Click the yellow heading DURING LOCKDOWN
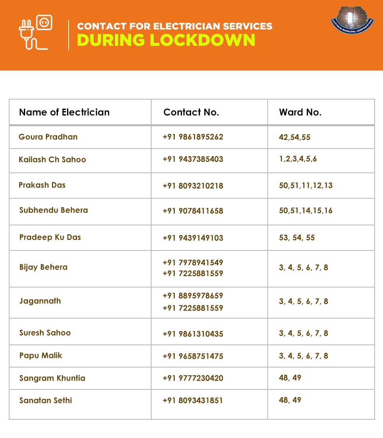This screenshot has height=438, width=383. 166,40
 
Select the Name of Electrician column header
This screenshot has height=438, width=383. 64,112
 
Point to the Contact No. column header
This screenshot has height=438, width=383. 191,112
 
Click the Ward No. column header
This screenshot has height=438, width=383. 300,112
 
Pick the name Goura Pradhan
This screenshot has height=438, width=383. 48,137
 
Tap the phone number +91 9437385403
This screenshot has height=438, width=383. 193,159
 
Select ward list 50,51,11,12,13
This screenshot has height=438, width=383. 306,186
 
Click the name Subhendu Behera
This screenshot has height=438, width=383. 53,210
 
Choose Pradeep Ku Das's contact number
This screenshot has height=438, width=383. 193,238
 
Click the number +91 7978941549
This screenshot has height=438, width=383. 193,263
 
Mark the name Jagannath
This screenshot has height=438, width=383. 40,301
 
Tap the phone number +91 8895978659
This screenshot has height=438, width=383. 193,296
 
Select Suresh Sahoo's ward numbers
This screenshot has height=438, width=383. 303,333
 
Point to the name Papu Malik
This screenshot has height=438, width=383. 41,356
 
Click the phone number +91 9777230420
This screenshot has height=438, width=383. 193,378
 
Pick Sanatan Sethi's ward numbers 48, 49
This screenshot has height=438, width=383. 290,400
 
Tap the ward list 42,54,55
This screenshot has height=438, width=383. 294,137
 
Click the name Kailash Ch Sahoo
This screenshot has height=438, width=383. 52,160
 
